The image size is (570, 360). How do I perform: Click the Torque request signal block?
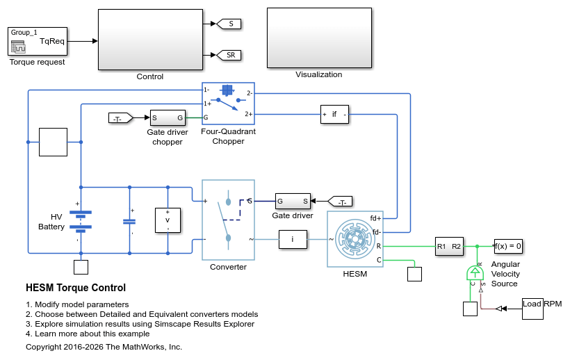tap(38, 42)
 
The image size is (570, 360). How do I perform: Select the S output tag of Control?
tap(229, 24)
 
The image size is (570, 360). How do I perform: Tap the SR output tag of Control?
tap(229, 55)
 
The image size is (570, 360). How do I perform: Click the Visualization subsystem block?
tap(319, 38)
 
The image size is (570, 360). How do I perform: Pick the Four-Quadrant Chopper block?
tap(228, 104)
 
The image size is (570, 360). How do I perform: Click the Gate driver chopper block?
tap(168, 117)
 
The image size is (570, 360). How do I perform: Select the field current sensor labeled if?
tap(334, 115)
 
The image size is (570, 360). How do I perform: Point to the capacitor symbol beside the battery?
tap(129, 221)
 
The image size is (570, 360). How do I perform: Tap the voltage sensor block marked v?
tap(168, 220)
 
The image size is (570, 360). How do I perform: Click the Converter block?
tap(228, 220)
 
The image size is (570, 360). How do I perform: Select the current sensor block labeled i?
tap(293, 239)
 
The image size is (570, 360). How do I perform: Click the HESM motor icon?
tap(355, 239)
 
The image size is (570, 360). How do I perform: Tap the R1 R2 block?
tap(449, 246)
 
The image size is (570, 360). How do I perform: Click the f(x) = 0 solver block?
tap(508, 246)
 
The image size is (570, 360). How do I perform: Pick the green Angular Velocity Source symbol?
tap(475, 273)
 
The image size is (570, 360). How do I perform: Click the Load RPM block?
tap(532, 309)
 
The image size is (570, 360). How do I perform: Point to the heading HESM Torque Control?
tap(76, 288)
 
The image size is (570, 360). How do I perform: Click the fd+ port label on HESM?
tap(375, 218)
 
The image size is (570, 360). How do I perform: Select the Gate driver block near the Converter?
tap(293, 202)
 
